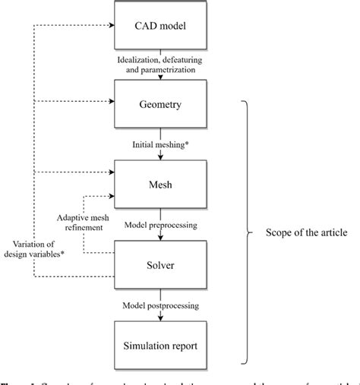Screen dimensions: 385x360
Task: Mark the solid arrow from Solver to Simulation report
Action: [x=159, y=313]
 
